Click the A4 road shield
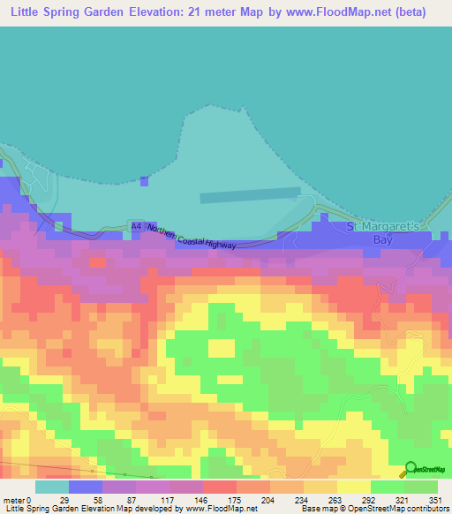(135, 227)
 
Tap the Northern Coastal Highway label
(192, 237)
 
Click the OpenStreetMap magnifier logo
(410, 469)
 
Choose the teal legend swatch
(51, 487)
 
